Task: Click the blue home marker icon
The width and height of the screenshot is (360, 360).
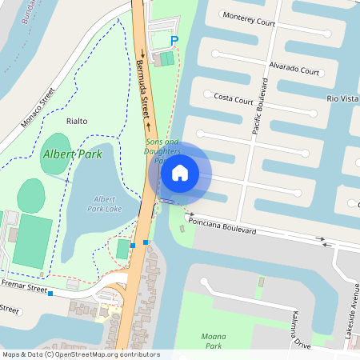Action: [180, 172]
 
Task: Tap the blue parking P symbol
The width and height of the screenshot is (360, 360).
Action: [174, 40]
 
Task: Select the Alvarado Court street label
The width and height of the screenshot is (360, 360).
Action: [294, 70]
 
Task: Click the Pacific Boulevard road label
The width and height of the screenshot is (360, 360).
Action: [259, 106]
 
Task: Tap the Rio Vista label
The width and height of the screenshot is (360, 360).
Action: [342, 98]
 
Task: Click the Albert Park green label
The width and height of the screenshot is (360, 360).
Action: [73, 154]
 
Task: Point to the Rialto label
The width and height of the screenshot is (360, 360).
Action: [77, 121]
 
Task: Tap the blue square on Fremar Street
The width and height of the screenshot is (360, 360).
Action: [50, 294]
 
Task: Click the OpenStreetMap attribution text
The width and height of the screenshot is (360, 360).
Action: [80, 354]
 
